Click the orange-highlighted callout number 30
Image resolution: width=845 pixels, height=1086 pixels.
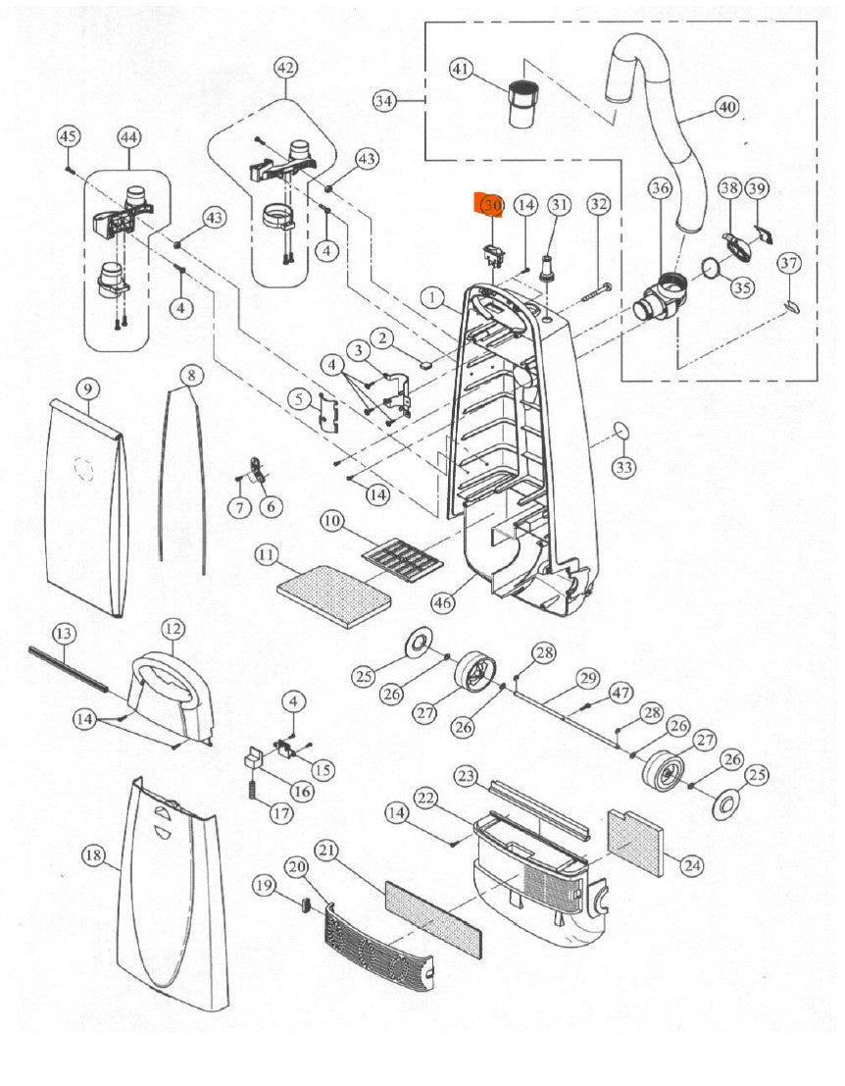click(490, 206)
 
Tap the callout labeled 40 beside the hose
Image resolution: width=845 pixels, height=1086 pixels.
click(725, 107)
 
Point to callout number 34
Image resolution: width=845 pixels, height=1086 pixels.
click(385, 101)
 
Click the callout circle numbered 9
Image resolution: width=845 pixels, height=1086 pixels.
click(87, 389)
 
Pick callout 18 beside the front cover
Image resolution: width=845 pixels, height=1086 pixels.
click(93, 856)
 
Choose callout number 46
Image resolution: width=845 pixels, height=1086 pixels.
click(444, 603)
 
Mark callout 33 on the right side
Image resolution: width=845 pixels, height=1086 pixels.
click(624, 468)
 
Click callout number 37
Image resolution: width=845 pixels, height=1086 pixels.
click(789, 263)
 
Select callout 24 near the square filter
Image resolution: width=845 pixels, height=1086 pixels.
click(692, 865)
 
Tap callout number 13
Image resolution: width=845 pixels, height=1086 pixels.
click(64, 633)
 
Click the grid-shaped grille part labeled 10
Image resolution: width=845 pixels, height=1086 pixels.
click(403, 560)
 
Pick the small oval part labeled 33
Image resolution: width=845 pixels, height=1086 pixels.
click(620, 429)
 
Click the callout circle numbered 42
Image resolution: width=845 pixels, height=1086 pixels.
click(285, 69)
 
